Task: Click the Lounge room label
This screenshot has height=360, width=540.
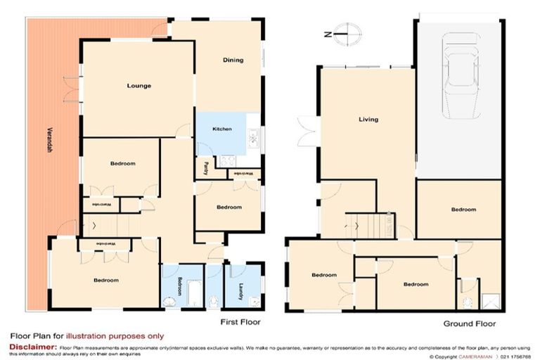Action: pyautogui.click(x=139, y=86)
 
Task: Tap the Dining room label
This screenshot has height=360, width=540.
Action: pyautogui.click(x=233, y=60)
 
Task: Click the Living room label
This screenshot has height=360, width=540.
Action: pyautogui.click(x=368, y=120)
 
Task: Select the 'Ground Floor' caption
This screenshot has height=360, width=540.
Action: pyautogui.click(x=469, y=324)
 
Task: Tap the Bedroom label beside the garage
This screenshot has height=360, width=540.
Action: pyautogui.click(x=463, y=210)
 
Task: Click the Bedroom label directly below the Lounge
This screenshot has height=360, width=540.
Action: pyautogui.click(x=122, y=163)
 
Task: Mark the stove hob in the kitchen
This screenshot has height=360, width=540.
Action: pyautogui.click(x=228, y=160)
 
